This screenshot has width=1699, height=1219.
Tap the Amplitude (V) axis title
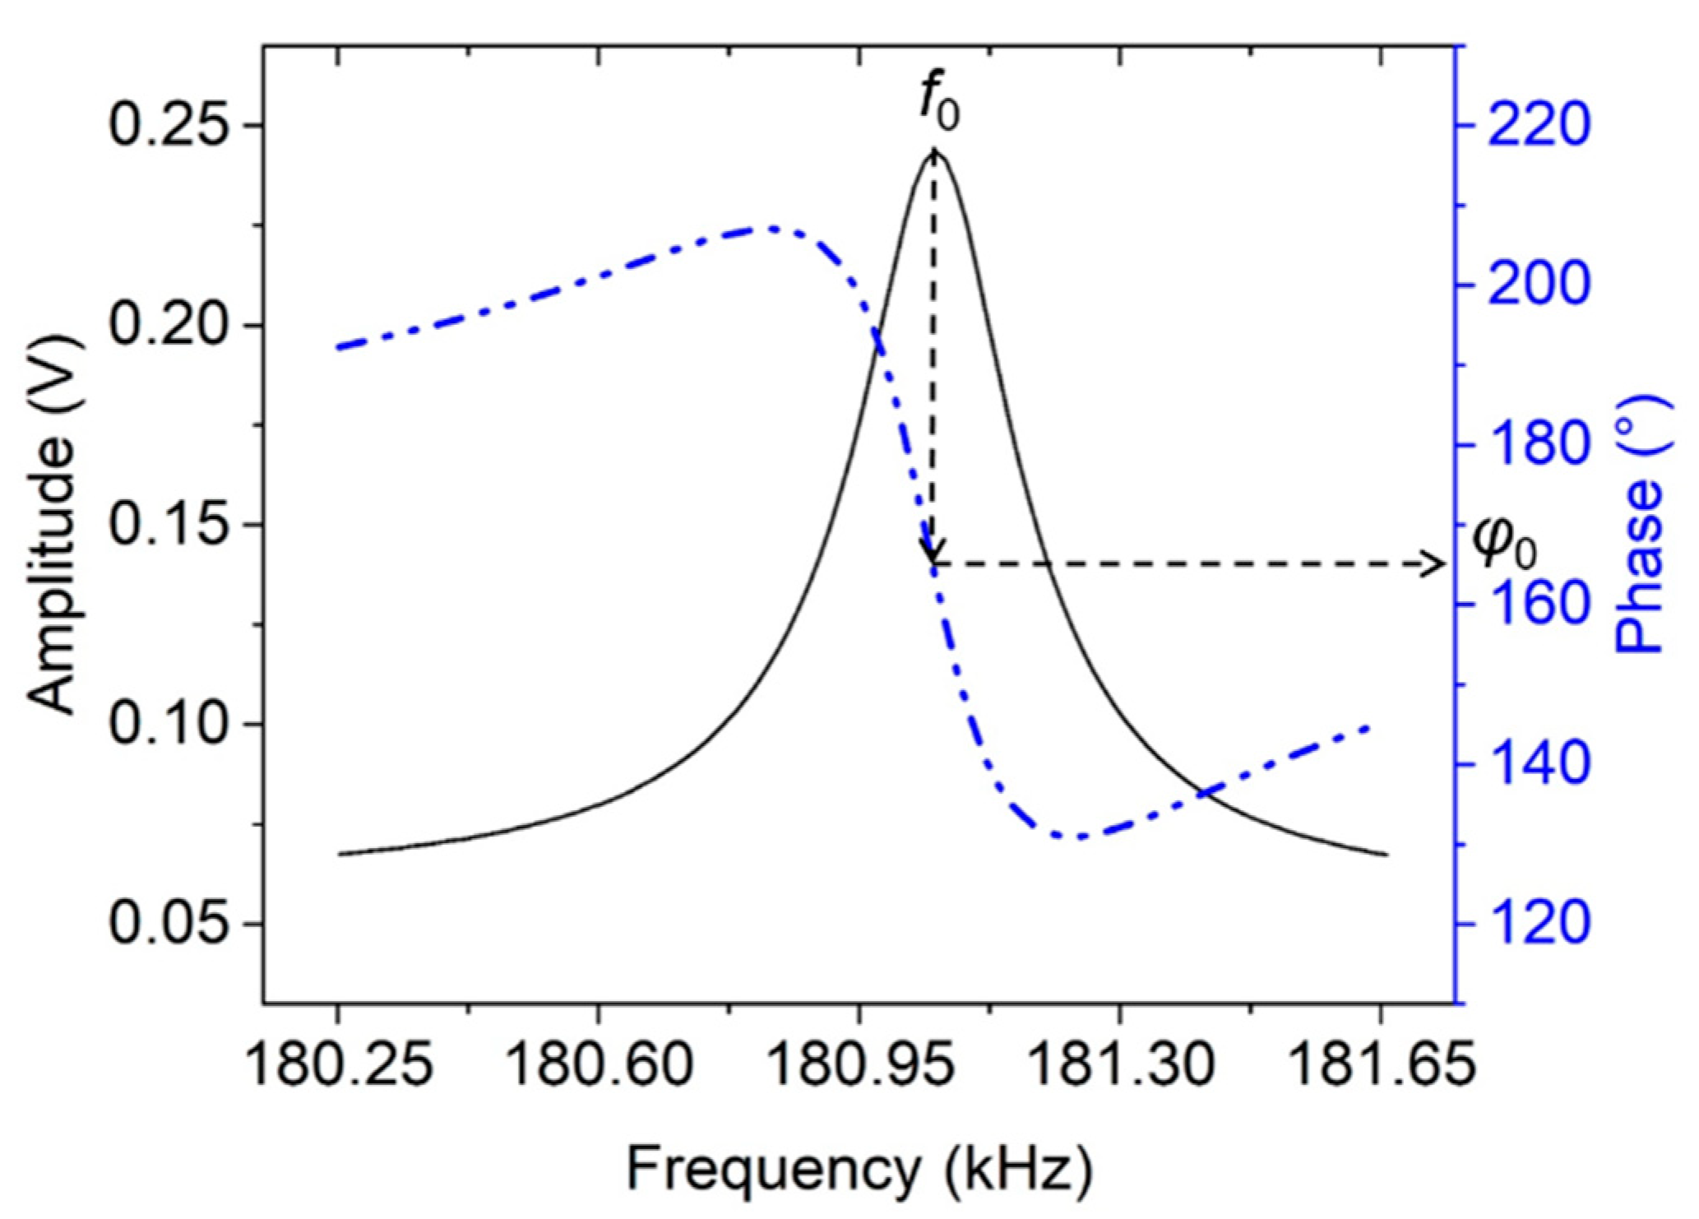click(x=54, y=524)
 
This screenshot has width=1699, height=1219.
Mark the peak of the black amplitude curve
click(x=935, y=152)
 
